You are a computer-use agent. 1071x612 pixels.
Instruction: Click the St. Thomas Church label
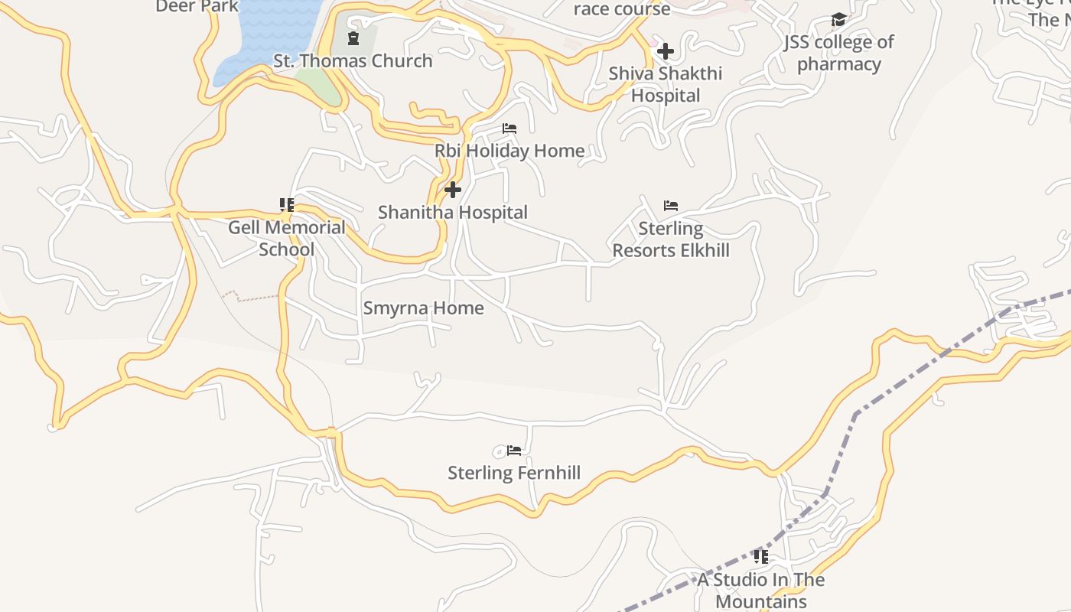[353, 61]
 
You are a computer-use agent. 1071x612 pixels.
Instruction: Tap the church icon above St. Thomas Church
[353, 37]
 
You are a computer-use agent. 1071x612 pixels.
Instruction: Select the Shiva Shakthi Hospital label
[665, 84]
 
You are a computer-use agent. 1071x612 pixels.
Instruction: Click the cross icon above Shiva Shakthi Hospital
[666, 51]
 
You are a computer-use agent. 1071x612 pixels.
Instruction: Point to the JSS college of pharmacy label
[838, 53]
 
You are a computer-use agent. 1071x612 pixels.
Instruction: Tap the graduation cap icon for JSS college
[838, 19]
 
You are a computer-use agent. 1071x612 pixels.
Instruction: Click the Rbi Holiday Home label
[509, 151]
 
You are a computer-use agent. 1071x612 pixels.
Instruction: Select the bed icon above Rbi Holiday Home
[509, 129]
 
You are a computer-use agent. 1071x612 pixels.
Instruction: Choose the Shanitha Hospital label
[453, 212]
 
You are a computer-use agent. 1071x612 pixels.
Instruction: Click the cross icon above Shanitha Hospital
[453, 189]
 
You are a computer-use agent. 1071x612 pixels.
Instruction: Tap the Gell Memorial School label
[287, 238]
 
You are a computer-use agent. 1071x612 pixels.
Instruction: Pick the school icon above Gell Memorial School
[287, 204]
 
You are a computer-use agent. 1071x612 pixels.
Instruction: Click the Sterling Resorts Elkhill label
[671, 239]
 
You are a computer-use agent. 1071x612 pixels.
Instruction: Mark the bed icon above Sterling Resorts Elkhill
[671, 205]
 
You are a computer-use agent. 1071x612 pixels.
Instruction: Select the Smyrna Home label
[423, 308]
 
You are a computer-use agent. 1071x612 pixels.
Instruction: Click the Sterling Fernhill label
[514, 473]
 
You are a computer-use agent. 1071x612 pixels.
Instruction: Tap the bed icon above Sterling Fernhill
[514, 451]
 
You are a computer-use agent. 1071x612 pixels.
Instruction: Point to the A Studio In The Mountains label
[761, 591]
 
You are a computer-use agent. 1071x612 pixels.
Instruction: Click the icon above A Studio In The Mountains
[760, 556]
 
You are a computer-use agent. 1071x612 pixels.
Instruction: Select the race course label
[622, 9]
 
